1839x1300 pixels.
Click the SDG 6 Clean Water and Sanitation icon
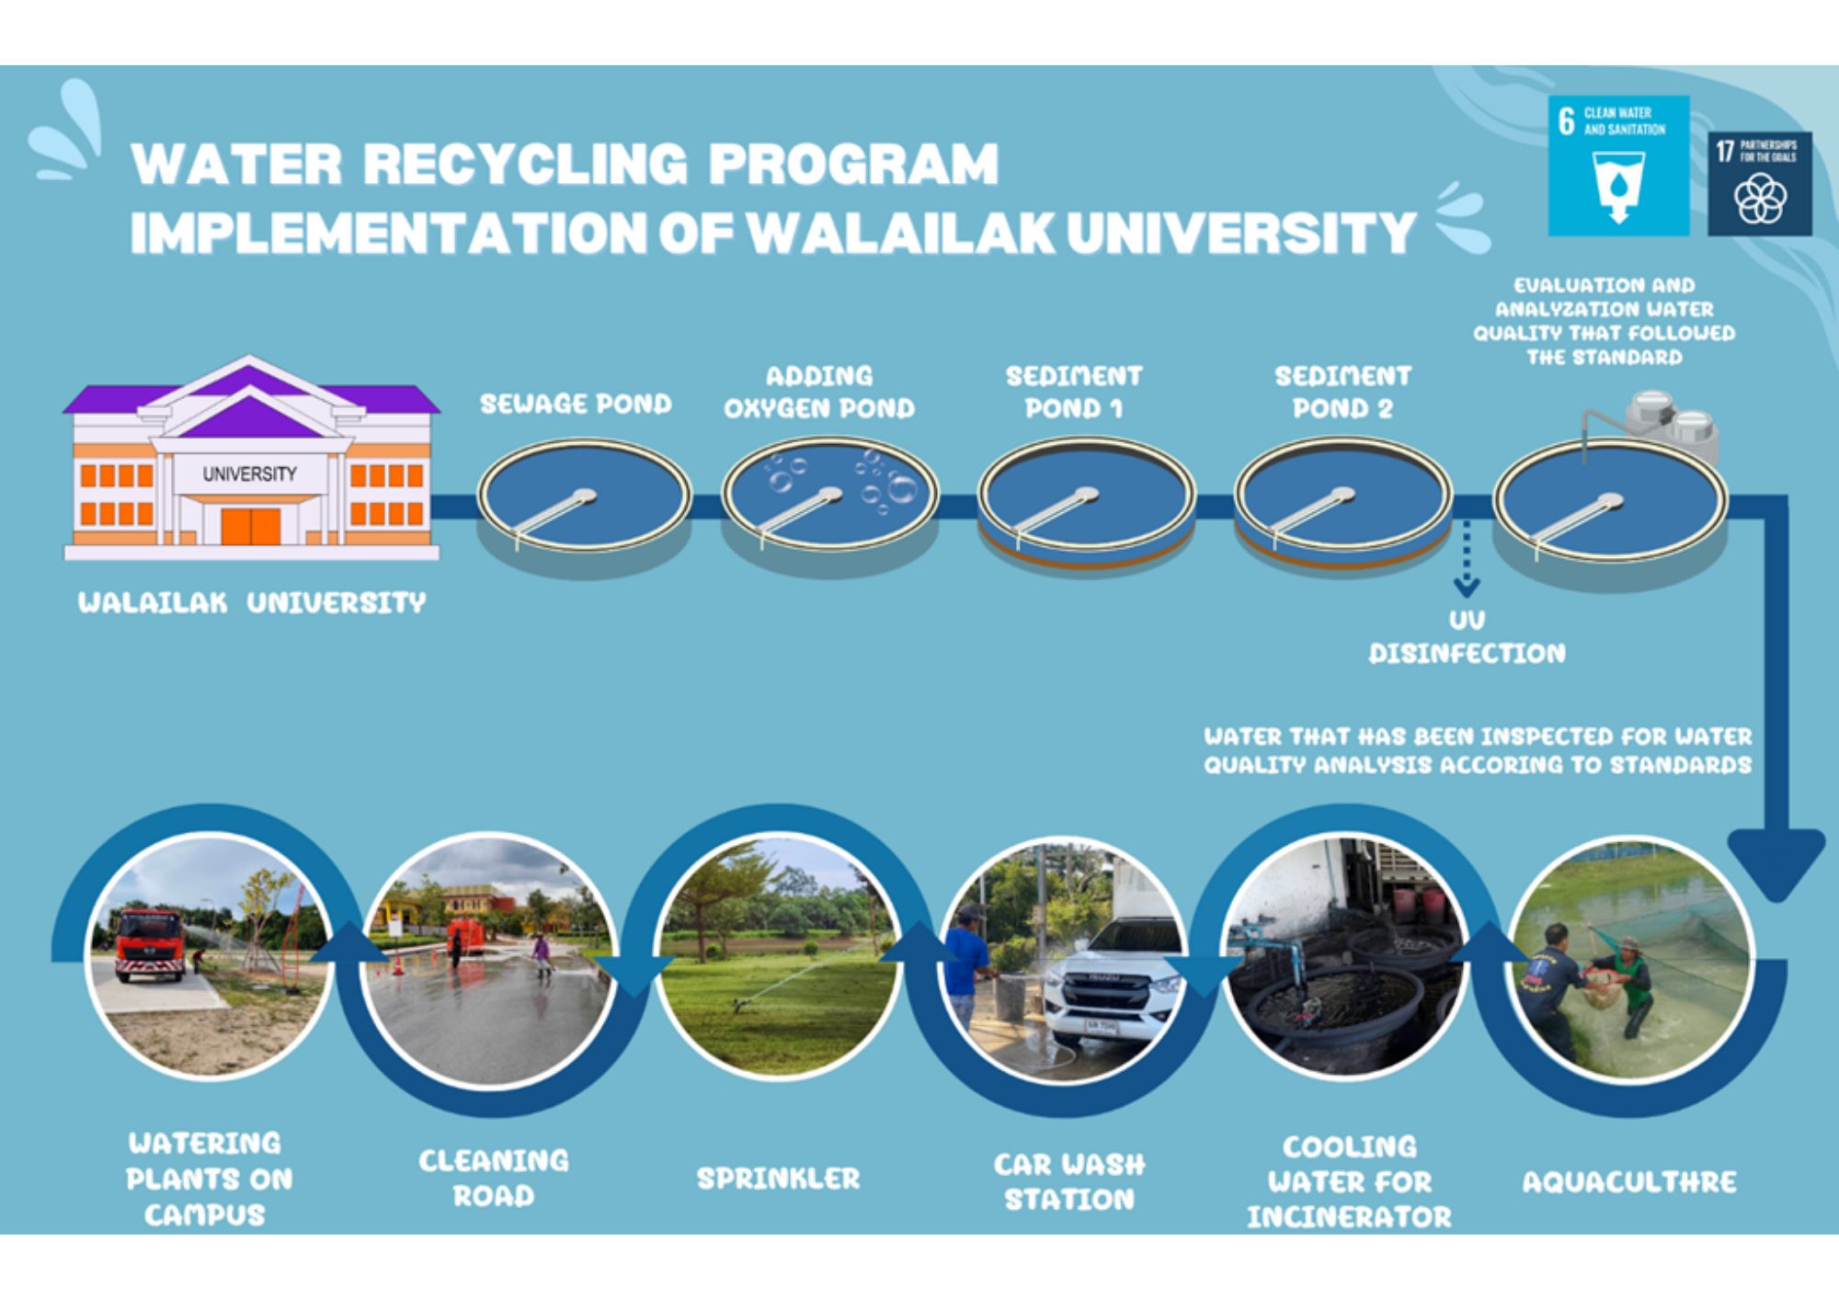point(1618,165)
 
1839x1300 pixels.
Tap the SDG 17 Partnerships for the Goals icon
point(1760,184)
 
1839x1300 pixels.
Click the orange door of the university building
point(250,526)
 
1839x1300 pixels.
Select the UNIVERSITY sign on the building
point(250,474)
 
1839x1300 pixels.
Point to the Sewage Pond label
point(576,404)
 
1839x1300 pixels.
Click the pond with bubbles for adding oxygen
point(830,501)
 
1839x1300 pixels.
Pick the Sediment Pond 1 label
point(1074,392)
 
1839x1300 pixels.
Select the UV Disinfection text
point(1467,637)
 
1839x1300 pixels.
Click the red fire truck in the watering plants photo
point(149,944)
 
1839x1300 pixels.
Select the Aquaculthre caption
point(1629,1181)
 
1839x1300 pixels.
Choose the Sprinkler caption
point(778,1178)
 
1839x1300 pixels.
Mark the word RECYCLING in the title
point(525,164)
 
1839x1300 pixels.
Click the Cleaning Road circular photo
point(489,960)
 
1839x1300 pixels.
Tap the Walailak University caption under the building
point(252,602)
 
